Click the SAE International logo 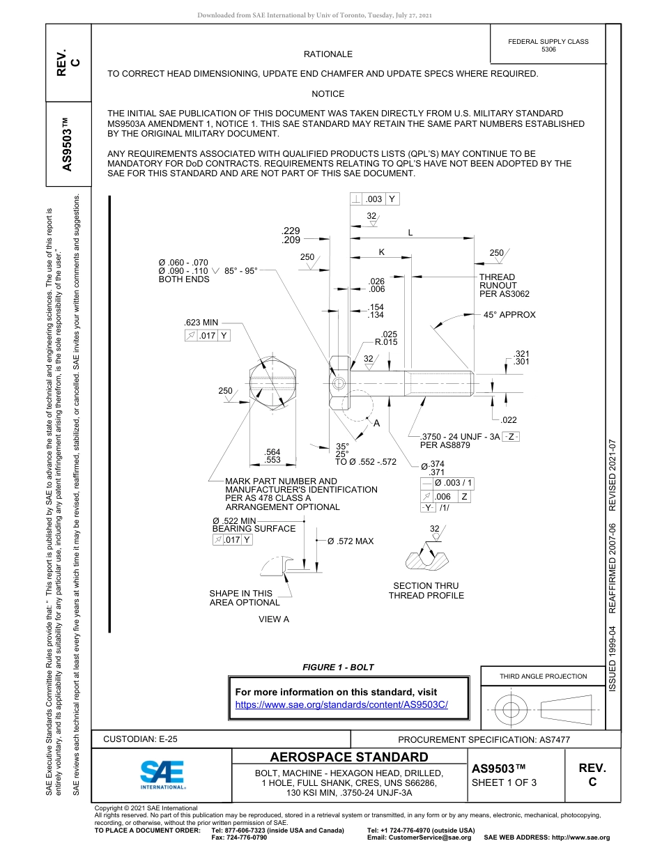[162, 774]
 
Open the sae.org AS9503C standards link [341, 704]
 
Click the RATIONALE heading [328, 54]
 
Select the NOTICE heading [328, 94]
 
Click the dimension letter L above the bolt [410, 233]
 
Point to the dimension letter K [381, 252]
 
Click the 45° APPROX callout [509, 315]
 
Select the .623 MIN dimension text [201, 323]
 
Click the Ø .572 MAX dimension [351, 541]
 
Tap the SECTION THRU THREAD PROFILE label [426, 591]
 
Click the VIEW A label [273, 619]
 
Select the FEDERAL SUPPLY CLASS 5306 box [548, 45]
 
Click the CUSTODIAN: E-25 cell [135, 739]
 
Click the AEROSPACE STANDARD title [349, 757]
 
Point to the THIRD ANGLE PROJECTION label [543, 676]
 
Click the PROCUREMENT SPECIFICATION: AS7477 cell [484, 740]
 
